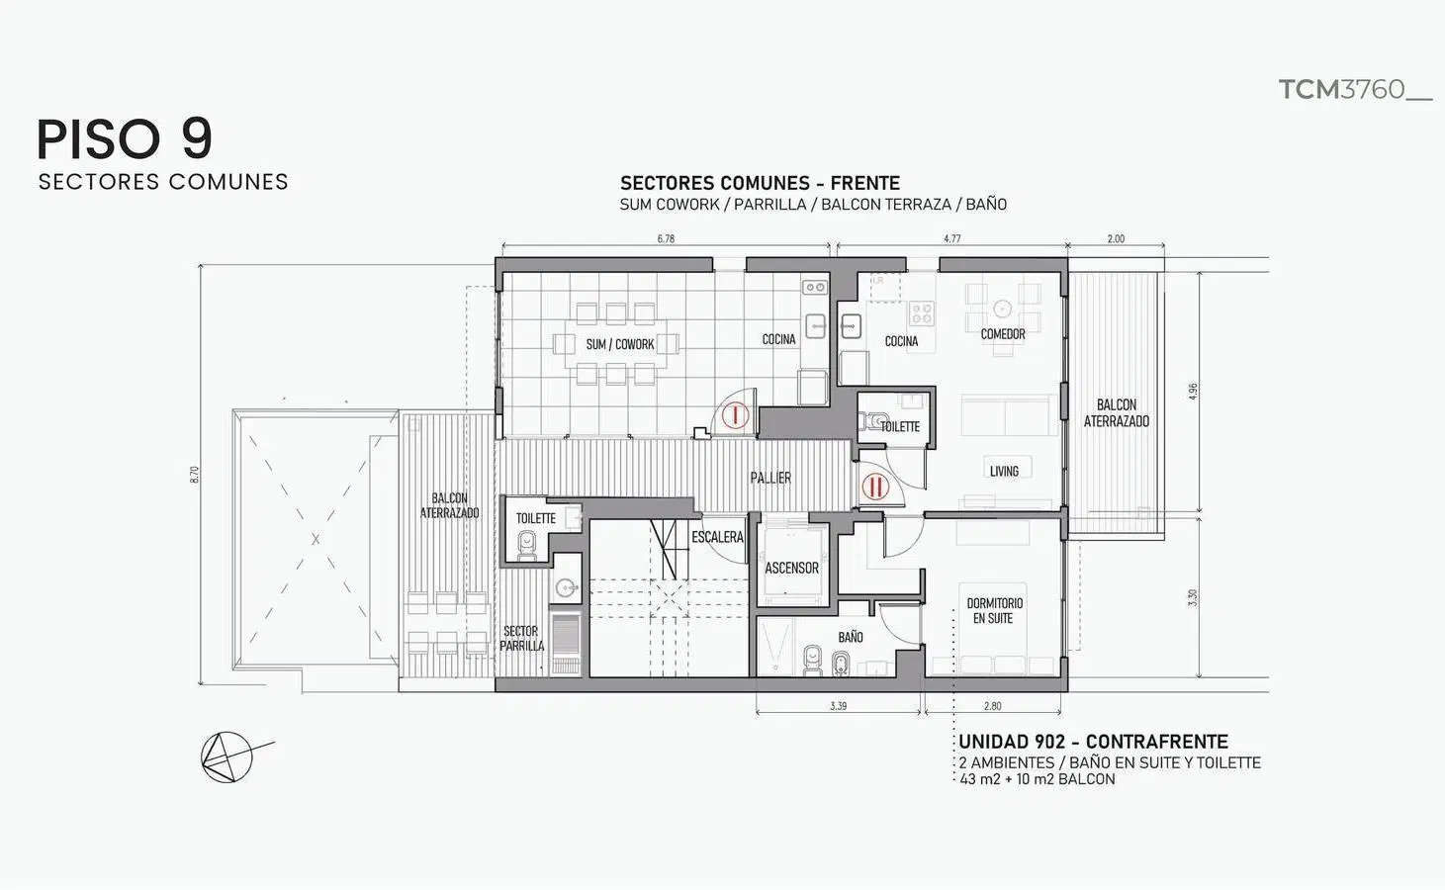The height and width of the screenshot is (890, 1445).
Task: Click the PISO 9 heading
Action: pyautogui.click(x=125, y=138)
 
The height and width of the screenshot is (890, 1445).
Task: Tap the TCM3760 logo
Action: pyautogui.click(x=1355, y=90)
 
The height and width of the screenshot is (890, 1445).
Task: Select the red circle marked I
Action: pyautogui.click(x=735, y=414)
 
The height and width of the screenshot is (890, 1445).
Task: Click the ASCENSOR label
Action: pyautogui.click(x=791, y=569)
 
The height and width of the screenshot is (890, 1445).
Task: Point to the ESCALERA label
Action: pyautogui.click(x=717, y=537)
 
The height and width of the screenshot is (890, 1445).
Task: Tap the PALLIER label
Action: pyautogui.click(x=770, y=478)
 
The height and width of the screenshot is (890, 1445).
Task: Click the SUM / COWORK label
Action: pyautogui.click(x=620, y=344)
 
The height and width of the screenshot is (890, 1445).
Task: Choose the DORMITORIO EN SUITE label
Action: pyautogui.click(x=994, y=611)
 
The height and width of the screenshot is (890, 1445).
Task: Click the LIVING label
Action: pyautogui.click(x=1005, y=472)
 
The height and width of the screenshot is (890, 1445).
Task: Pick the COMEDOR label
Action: pyautogui.click(x=1003, y=334)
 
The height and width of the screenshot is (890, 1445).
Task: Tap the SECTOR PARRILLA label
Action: pyautogui.click(x=521, y=639)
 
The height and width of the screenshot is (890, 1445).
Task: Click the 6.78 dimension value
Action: pyautogui.click(x=666, y=238)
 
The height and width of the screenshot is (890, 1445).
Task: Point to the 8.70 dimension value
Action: pyautogui.click(x=195, y=474)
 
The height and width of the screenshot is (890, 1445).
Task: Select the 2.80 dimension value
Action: pyautogui.click(x=992, y=706)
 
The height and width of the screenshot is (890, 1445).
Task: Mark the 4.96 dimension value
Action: pyautogui.click(x=1192, y=392)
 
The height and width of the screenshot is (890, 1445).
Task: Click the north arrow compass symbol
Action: pyautogui.click(x=229, y=756)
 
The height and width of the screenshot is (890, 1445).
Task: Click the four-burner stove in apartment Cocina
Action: pyautogui.click(x=921, y=313)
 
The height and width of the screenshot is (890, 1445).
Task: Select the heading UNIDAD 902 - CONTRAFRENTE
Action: pyautogui.click(x=1093, y=742)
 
